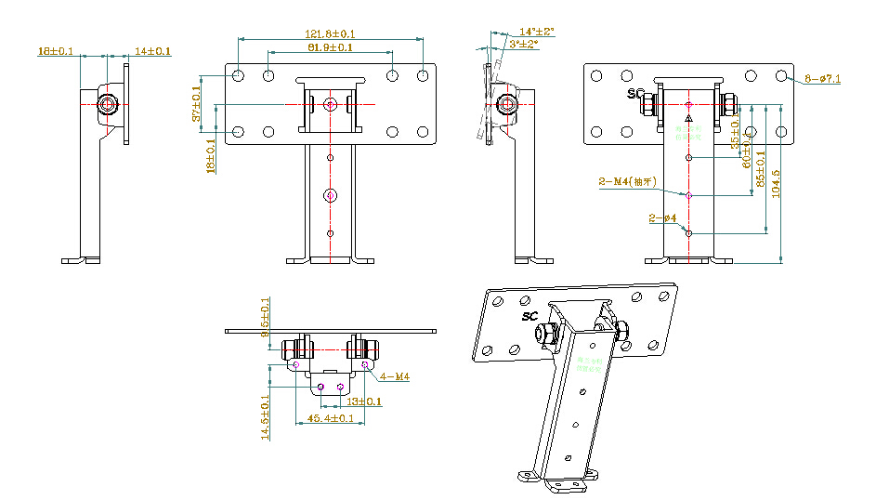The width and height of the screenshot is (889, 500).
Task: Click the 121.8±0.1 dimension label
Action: point(330,34)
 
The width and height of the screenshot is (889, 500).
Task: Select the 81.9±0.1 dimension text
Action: point(330,47)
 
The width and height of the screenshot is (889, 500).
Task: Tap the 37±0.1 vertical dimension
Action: point(197,103)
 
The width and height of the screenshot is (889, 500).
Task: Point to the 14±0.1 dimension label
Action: point(153,51)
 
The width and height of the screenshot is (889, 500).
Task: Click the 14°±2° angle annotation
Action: point(536,32)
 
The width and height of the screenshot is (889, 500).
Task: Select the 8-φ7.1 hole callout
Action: point(823,80)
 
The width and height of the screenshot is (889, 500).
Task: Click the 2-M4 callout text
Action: point(627,182)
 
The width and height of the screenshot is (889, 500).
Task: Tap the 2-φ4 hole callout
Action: point(663,218)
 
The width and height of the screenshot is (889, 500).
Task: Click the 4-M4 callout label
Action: point(395,376)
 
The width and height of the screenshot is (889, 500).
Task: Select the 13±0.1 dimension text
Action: point(364,401)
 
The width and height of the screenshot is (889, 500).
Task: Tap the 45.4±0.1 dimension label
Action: point(330,419)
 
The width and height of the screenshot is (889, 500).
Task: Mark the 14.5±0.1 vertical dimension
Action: point(266,415)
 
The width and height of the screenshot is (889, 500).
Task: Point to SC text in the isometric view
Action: point(530,316)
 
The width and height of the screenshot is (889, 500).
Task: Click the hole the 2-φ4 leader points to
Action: point(688,232)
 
